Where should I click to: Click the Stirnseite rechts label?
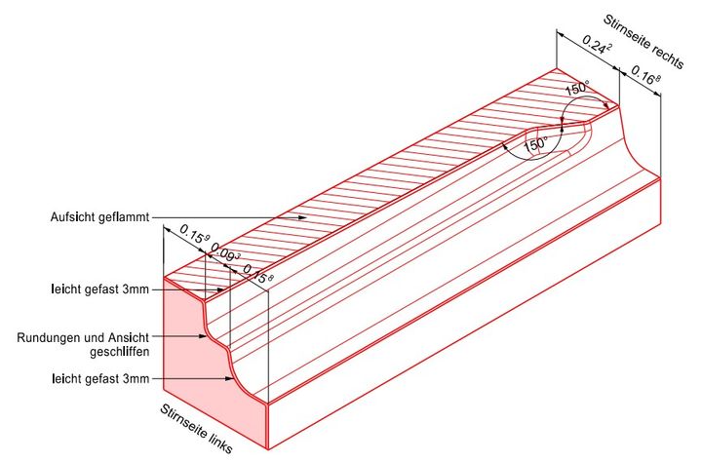coord(643,42)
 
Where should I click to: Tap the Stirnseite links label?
coord(196,429)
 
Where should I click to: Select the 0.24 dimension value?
coord(597,45)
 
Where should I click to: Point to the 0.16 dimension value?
coord(645,74)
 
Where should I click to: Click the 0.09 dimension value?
coord(225,252)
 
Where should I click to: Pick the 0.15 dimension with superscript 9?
coord(195,234)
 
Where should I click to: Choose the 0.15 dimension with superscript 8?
coord(257,274)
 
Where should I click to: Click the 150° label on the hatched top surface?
coord(577,88)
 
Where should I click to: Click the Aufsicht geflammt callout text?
coord(99,217)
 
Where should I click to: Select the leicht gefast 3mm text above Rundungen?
coord(99,289)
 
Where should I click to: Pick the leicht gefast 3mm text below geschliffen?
coord(99,379)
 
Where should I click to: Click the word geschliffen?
coord(120,352)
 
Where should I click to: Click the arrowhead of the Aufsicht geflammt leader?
coord(302,217)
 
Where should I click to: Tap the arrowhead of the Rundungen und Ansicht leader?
coord(203,336)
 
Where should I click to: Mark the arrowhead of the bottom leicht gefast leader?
coord(229,379)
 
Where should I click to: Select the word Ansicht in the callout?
coord(129,337)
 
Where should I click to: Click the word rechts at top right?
coord(668,58)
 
